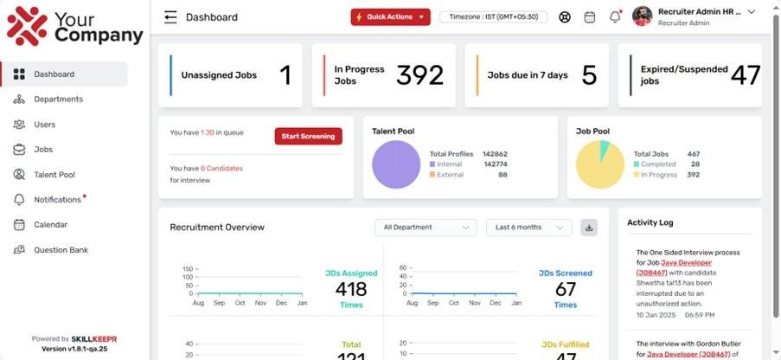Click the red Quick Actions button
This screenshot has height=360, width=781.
pos(390,17)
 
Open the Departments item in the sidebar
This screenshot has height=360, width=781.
pos(58,100)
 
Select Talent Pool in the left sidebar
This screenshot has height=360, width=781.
pos(54,175)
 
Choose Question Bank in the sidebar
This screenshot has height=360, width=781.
pos(61,250)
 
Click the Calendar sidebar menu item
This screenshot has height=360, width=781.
pos(50,225)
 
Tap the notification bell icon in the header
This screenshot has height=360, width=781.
pos(615,17)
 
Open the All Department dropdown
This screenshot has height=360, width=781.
pos(425,228)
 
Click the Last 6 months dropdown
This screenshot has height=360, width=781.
pos(528,228)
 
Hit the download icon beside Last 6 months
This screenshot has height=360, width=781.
pos(589,228)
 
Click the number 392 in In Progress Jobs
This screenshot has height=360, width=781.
pos(419,75)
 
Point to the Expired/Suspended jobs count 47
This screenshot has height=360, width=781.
pos(745,75)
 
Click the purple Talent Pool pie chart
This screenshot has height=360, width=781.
pos(396,164)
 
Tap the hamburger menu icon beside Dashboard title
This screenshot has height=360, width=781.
pos(170,17)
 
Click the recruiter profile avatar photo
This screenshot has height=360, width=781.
pos(642,16)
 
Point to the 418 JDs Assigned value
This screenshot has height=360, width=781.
pos(351,289)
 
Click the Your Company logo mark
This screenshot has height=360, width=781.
pos(27,26)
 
